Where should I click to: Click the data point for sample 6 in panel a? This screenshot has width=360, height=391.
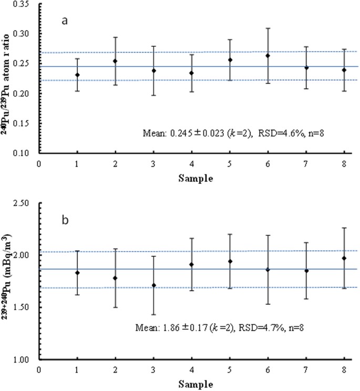point(268,56)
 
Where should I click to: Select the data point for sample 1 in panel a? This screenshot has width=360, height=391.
point(77,75)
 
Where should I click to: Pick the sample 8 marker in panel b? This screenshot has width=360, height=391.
point(344,258)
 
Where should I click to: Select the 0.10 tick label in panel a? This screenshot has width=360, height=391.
point(26,153)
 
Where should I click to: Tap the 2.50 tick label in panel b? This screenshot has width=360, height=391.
point(26,203)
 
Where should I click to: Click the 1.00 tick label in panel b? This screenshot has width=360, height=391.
point(26,360)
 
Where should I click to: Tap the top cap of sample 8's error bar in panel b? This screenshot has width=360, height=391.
point(344,228)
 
